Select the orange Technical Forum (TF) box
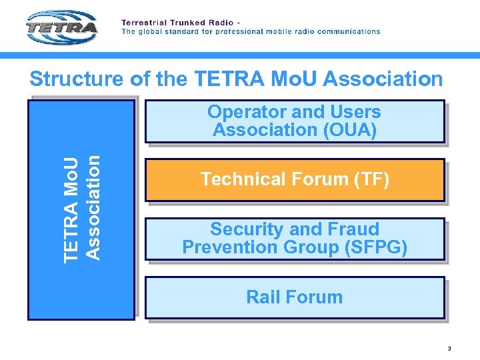[295, 179]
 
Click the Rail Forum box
[295, 297]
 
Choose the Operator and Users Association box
[295, 121]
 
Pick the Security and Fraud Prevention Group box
[295, 239]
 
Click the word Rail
[261, 297]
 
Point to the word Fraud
[353, 230]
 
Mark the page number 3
[449, 348]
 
